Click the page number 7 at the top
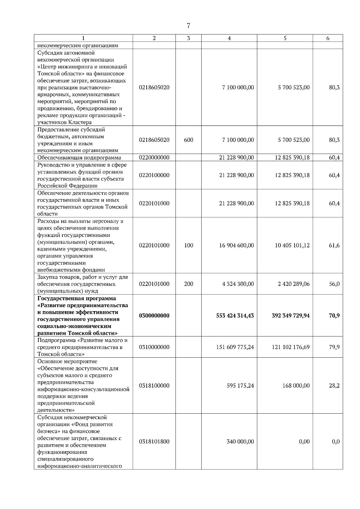coord(188,26)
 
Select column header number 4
coord(229,38)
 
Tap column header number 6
coord(328,38)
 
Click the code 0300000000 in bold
coord(154,316)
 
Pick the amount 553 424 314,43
coord(235,316)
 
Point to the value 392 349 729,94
coord(291,316)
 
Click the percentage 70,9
coord(334,316)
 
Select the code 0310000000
coord(154,347)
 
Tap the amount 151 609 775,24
coord(235,347)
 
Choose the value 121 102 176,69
coord(291,347)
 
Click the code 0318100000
coord(154,386)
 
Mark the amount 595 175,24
coord(240,386)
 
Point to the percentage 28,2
coord(334,386)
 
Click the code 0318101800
coord(154,442)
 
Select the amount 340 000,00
coord(240,442)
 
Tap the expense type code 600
coord(188,140)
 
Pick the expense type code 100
coord(188,246)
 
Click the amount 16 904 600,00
coord(236,246)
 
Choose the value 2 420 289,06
coord(294,284)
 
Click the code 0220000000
coord(154,158)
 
